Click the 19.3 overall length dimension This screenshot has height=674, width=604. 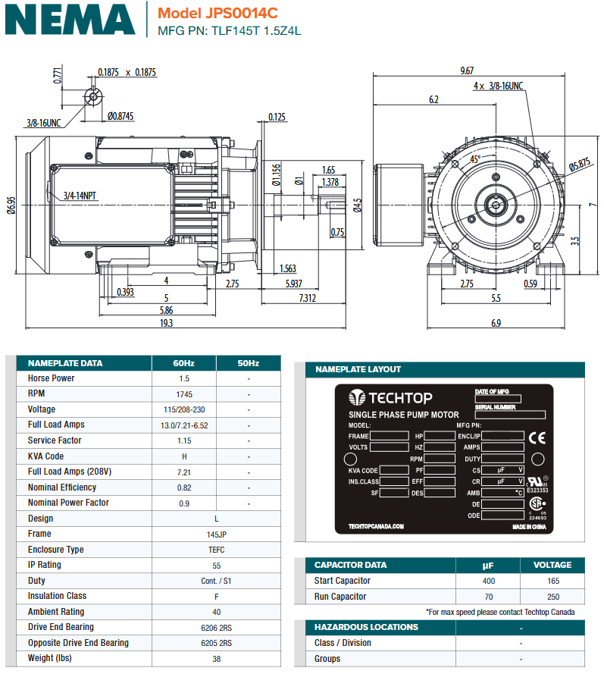(x=166, y=323)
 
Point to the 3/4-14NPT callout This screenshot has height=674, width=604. (x=80, y=195)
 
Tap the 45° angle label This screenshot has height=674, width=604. (x=475, y=159)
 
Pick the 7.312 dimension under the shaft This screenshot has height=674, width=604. (x=307, y=298)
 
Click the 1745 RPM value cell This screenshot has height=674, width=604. (x=184, y=394)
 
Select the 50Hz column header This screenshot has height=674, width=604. (x=248, y=363)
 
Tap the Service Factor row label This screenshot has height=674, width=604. (x=55, y=440)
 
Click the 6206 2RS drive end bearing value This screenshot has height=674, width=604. (x=184, y=628)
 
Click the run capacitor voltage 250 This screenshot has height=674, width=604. (x=552, y=597)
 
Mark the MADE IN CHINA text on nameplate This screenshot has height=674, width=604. (x=529, y=526)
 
